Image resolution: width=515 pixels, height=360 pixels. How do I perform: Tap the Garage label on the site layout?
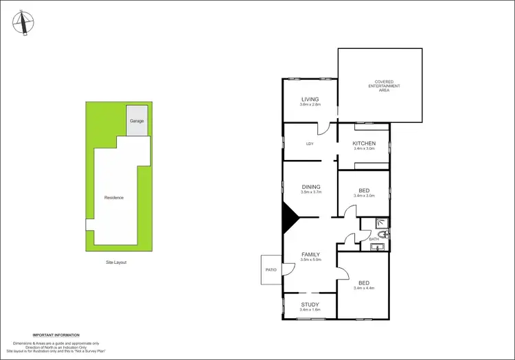[x=137, y=121]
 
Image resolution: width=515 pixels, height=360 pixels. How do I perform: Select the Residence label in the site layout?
[x=114, y=197]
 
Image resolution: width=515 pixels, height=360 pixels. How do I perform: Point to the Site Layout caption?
[x=116, y=262]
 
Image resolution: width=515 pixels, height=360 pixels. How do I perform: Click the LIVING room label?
[x=310, y=99]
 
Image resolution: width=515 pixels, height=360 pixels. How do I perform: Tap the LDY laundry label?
[x=310, y=144]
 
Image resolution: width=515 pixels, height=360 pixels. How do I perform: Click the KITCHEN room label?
[x=364, y=143]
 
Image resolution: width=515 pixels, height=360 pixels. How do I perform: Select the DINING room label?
[x=311, y=186]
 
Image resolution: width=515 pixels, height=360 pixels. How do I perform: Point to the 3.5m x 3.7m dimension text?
[x=311, y=192]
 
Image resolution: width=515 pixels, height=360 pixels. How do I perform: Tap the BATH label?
[x=374, y=238]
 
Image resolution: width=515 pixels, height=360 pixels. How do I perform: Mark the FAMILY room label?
[x=311, y=254]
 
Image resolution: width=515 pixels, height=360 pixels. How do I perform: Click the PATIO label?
[x=271, y=269]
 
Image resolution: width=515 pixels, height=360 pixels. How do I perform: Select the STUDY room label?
[x=310, y=304]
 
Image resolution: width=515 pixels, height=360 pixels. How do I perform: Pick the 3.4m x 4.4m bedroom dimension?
[x=364, y=288]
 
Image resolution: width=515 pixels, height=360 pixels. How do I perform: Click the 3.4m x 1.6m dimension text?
[x=310, y=310]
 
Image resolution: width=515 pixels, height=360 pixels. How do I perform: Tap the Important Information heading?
[x=56, y=335]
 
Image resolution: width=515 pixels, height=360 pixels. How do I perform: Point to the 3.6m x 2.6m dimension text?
[x=310, y=105]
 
